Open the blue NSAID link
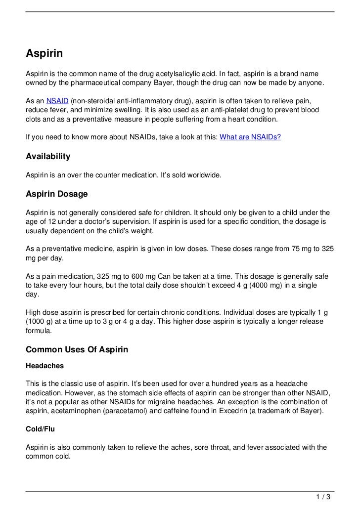coord(57,101)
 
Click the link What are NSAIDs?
coord(250,137)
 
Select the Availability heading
coord(48,157)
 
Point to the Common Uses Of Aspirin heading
coord(77,349)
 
